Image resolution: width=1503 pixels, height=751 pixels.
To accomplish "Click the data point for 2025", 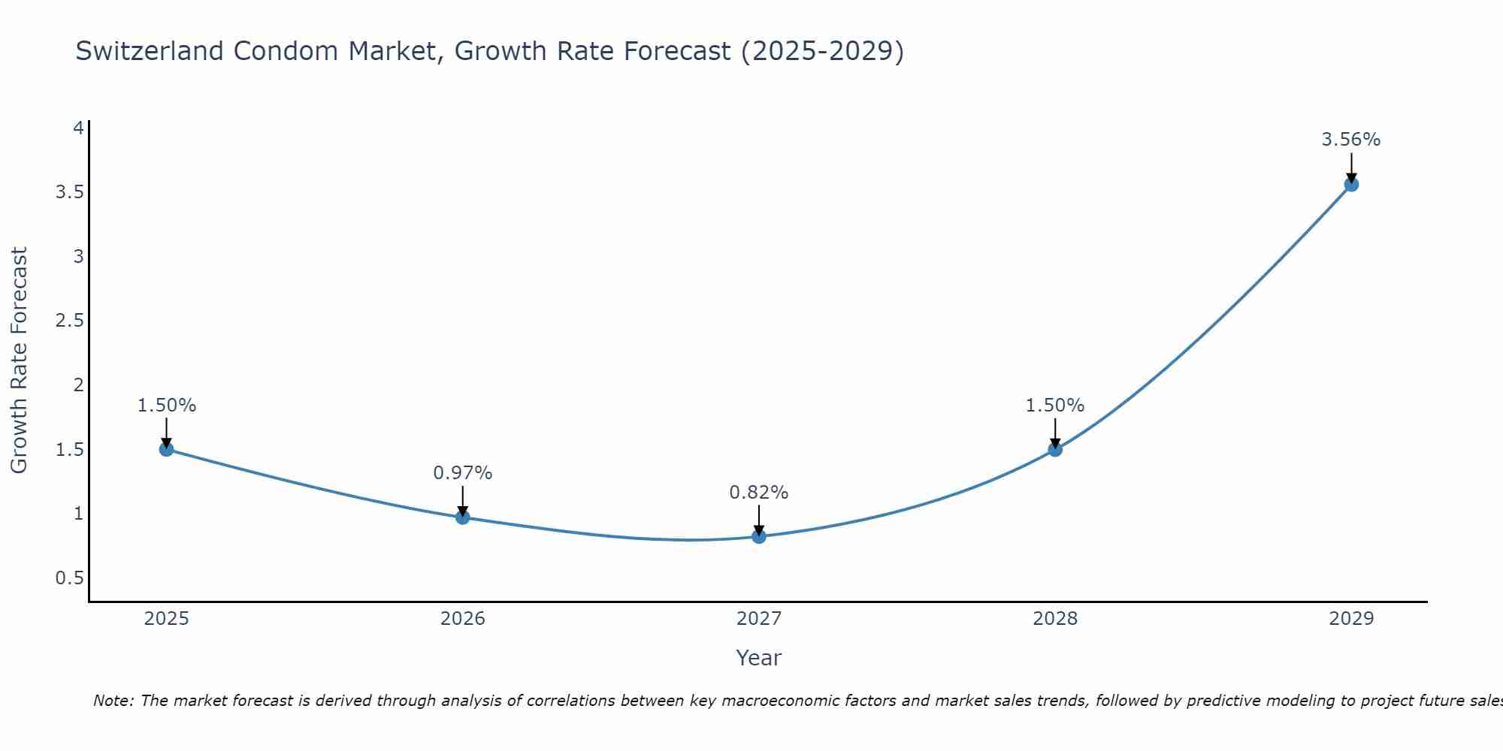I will point(166,449).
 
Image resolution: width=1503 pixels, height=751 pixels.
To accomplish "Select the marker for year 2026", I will point(462,517).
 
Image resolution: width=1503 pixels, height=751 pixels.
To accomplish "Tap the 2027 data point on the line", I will point(758,536).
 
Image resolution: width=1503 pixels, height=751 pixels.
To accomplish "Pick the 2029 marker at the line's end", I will point(1350,184).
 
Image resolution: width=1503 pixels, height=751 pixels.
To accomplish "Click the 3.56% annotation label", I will point(1350,140).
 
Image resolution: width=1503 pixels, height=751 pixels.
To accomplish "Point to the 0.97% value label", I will point(462,473).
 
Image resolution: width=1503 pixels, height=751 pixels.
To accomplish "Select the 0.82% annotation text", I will point(758,493).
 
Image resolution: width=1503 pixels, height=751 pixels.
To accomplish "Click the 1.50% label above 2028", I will point(1054,406).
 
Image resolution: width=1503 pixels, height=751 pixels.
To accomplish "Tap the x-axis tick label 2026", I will point(462,619).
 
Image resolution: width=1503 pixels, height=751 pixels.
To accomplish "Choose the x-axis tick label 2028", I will point(1054,619).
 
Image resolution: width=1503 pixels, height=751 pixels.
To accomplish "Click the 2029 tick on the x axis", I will point(1350,619).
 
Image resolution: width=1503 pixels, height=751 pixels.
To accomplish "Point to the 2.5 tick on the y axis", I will point(69,321).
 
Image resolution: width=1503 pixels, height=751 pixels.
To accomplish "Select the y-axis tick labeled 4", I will point(77,128).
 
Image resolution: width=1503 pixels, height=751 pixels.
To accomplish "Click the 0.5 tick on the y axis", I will point(69,578).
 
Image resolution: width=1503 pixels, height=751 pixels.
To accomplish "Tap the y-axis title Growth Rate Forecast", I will point(19,360).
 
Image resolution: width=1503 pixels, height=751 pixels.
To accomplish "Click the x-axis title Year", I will point(758,658).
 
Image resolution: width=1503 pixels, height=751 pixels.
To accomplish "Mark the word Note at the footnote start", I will point(113,701).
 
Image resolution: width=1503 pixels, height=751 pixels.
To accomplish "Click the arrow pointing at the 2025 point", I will point(166,433).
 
